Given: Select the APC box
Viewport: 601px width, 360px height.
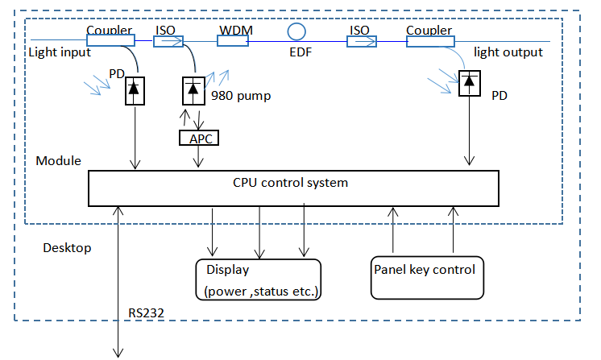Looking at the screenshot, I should [x=198, y=138].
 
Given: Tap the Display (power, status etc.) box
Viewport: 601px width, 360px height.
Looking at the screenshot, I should [x=258, y=279].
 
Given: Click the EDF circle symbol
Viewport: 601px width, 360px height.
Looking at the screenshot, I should [x=297, y=31].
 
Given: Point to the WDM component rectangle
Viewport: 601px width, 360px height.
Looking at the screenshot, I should [x=235, y=41].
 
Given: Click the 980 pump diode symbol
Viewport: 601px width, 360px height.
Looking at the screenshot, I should [x=193, y=89].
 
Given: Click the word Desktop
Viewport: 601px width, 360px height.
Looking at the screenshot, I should [x=67, y=248].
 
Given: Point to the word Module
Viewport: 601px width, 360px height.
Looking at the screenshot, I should [x=59, y=161].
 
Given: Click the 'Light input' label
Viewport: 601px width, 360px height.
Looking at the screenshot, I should [x=60, y=52].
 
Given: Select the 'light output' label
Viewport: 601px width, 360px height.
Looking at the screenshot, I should [x=508, y=52].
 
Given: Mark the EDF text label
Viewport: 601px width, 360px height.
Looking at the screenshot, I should [x=301, y=53].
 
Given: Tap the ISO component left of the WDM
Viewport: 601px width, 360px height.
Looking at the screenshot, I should [x=168, y=41].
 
